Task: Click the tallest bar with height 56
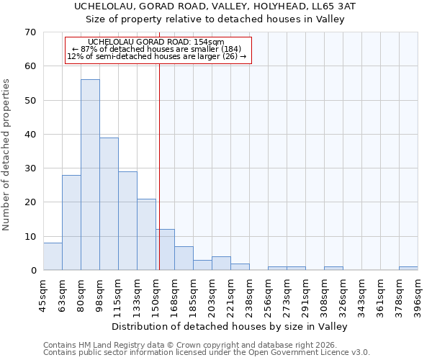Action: (90, 175)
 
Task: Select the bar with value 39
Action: (109, 204)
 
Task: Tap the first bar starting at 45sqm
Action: (53, 257)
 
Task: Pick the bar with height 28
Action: (71, 222)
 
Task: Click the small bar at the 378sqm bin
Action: (408, 269)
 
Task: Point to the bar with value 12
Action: (165, 250)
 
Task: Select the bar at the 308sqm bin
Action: (333, 269)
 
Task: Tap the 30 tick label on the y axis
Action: (30, 168)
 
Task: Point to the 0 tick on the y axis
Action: (33, 271)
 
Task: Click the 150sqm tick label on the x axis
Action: (156, 292)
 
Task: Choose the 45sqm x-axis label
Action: (43, 292)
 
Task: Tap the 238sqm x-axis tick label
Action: (249, 292)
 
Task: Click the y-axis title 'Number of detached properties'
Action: (6, 155)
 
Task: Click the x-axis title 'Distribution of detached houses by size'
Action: (230, 326)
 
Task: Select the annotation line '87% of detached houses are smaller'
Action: (158, 48)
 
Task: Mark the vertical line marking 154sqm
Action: (159, 166)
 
